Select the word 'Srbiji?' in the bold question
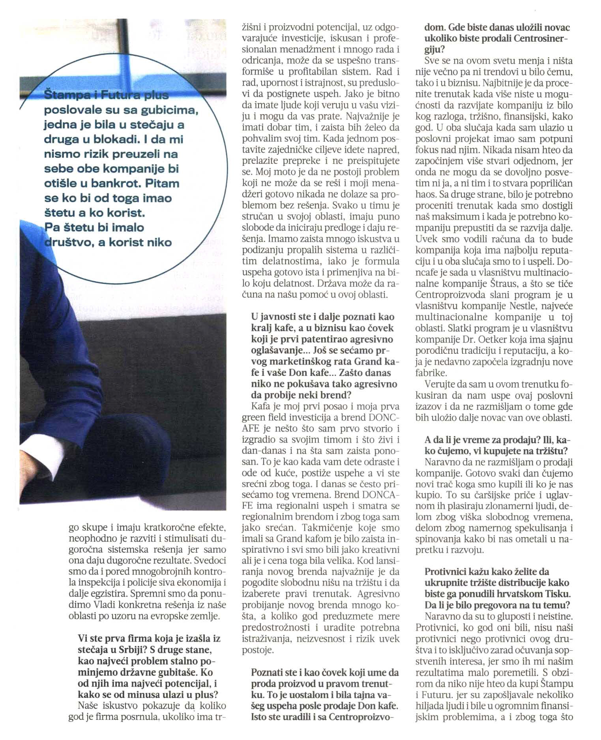click(x=130, y=650)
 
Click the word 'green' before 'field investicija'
click(x=253, y=417)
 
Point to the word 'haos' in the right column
click(x=426, y=195)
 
